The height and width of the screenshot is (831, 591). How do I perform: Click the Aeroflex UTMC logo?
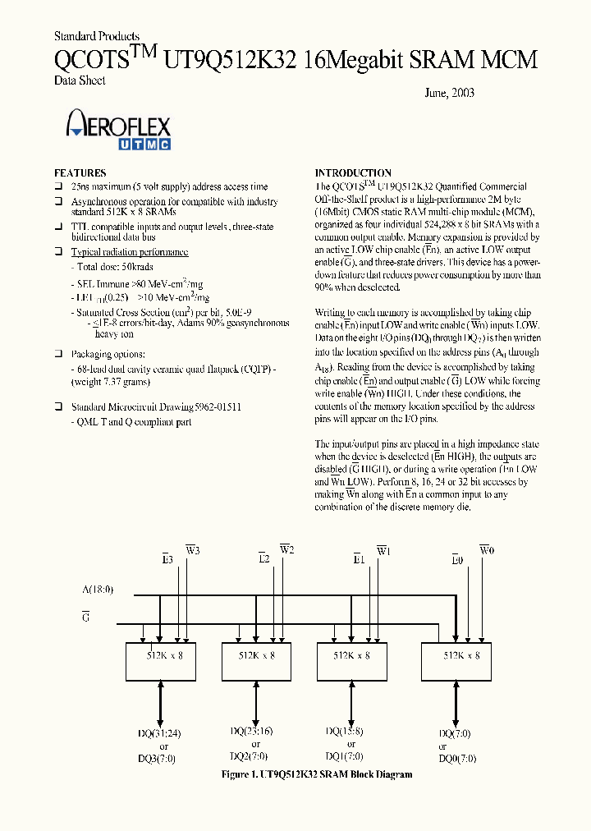point(118,132)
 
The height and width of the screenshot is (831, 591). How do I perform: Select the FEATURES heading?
point(80,173)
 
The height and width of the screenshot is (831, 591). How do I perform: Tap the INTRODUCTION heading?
point(354,173)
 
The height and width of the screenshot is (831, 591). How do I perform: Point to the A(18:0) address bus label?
point(98,590)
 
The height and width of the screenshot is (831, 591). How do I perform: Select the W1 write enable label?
point(383,551)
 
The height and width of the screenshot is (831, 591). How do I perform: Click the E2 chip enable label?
point(263,559)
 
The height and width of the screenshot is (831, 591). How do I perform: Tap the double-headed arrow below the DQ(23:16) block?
point(255,703)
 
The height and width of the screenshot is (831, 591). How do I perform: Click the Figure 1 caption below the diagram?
point(317,774)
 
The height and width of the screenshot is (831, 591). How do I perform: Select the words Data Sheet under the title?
point(80,80)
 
